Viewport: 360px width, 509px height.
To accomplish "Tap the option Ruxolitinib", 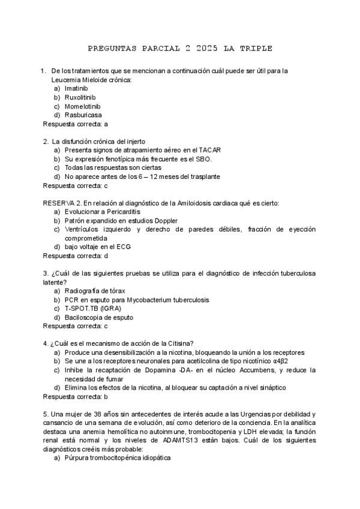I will coord(80,97).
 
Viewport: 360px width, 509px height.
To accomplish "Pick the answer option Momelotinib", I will coord(83,106).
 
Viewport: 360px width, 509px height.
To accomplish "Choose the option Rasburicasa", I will coord(83,115).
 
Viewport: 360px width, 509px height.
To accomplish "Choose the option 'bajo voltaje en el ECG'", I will coord(98,247).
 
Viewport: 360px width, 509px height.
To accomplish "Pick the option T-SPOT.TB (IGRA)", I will coord(92,309).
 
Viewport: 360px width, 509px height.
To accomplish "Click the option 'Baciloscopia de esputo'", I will coord(98,318).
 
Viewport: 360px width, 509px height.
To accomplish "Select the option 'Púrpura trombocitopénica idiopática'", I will coord(118,458).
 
